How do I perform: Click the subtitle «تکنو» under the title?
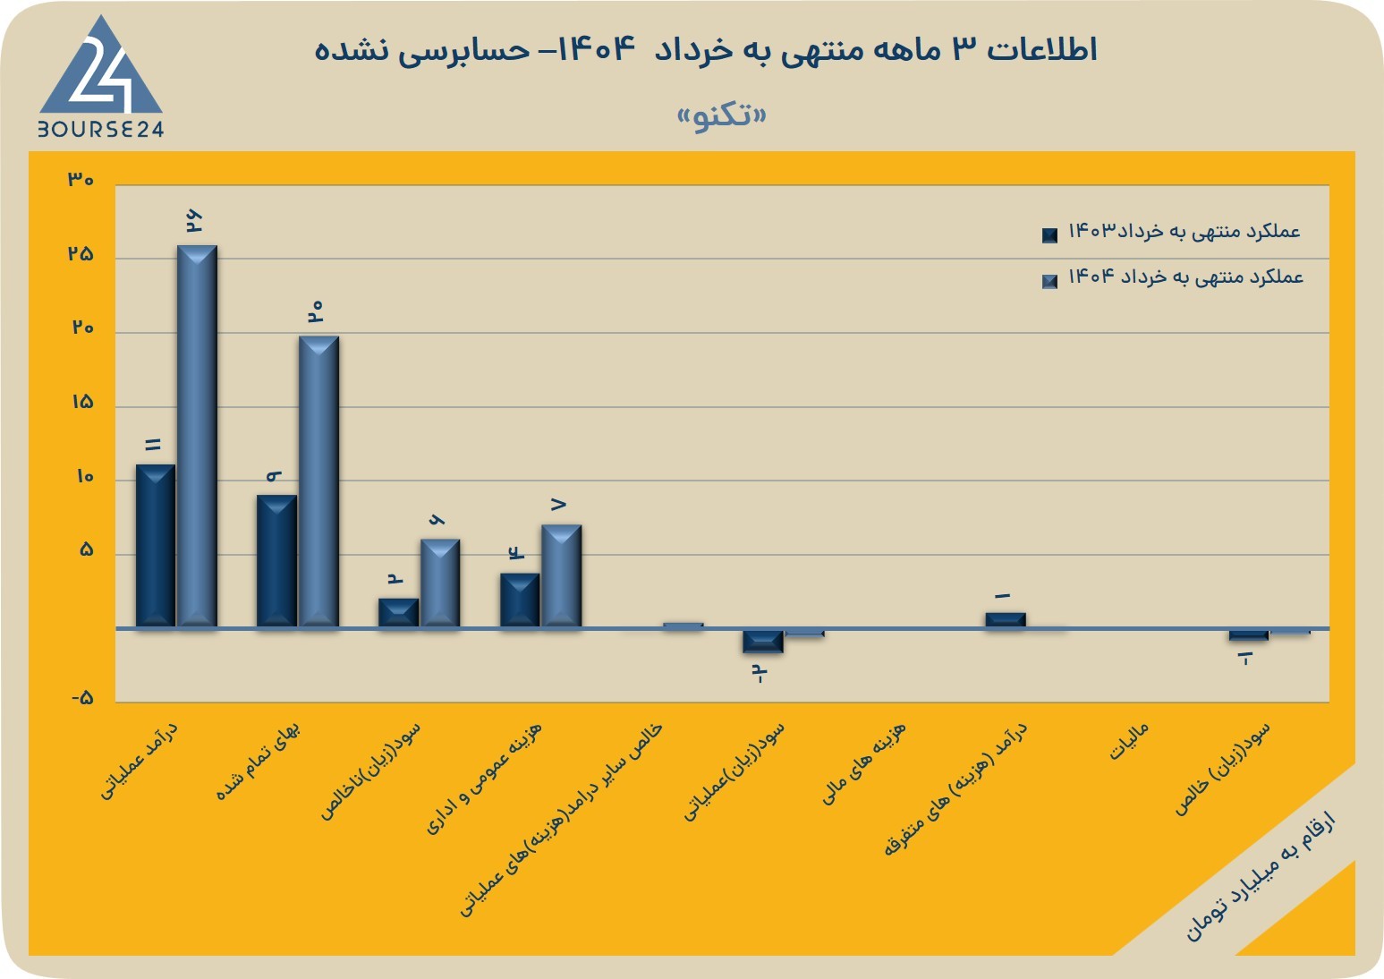point(722,116)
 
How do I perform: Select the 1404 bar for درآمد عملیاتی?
point(197,437)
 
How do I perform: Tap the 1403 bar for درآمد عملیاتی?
point(156,547)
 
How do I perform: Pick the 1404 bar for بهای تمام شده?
point(318,482)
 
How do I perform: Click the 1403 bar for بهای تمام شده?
point(276,561)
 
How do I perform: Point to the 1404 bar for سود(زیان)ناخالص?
point(440,583)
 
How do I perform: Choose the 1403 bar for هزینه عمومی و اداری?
point(520,600)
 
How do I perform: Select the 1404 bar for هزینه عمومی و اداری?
point(562,576)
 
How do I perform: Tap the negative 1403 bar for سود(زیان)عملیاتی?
point(763,642)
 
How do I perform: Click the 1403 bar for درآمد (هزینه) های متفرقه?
point(1006,620)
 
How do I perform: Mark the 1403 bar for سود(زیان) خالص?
point(1249,635)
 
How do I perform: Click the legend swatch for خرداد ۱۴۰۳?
point(1049,235)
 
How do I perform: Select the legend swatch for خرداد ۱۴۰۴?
point(1049,281)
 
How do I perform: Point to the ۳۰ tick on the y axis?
point(81,180)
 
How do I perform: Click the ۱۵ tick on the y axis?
point(82,403)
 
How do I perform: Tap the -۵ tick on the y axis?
point(82,698)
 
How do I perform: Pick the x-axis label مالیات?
point(1128,741)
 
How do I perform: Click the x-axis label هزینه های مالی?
point(863,763)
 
